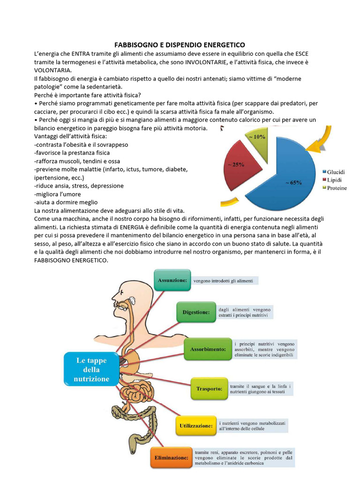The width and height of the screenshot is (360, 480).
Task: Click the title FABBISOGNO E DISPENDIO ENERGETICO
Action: pyautogui.click(x=180, y=45)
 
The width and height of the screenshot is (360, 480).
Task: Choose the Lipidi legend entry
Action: pyautogui.click(x=334, y=180)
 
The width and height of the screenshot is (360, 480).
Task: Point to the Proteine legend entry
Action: pyautogui.click(x=336, y=187)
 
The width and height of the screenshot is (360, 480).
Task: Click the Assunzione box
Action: pyautogui.click(x=172, y=280)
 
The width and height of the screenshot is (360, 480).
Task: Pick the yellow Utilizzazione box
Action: pyautogui.click(x=196, y=426)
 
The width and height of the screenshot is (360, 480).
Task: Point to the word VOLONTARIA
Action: pyautogui.click(x=53, y=70)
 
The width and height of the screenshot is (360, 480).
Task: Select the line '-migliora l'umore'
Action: pyautogui.click(x=58, y=194)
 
